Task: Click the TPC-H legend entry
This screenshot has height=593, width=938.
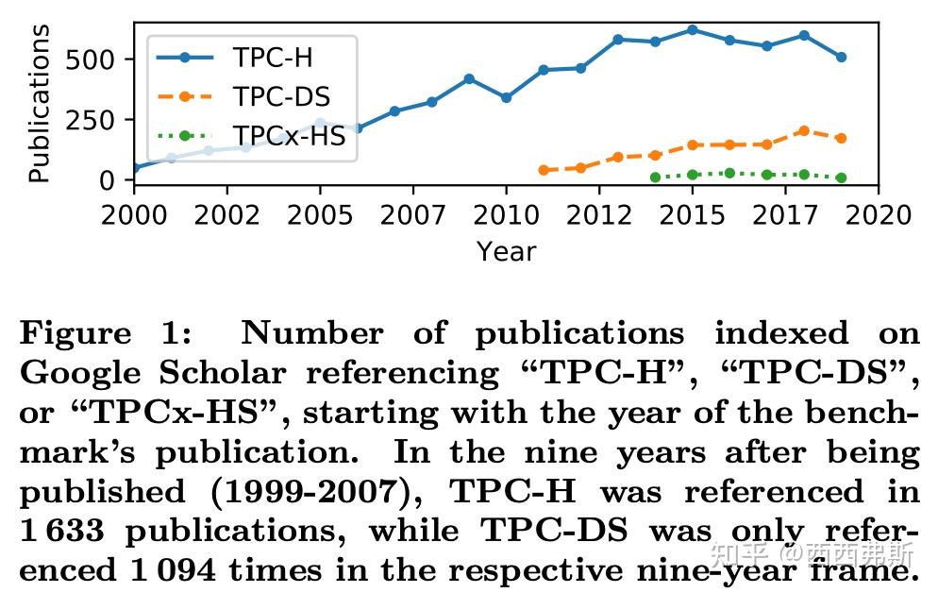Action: click(x=273, y=59)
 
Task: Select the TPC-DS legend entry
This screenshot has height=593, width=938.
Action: click(x=281, y=97)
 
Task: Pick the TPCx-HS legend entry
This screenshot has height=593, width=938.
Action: click(x=289, y=137)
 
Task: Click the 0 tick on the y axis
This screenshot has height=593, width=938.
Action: click(x=107, y=179)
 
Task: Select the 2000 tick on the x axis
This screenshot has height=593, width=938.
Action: click(x=134, y=215)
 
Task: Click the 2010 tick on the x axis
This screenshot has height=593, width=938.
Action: click(x=506, y=215)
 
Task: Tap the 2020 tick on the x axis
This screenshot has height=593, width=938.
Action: click(x=878, y=215)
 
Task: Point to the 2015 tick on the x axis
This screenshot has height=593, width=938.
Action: click(x=693, y=215)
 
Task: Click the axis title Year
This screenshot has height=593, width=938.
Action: click(x=506, y=251)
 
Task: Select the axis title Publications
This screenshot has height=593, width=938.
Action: click(x=40, y=104)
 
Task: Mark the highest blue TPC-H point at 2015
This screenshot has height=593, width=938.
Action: click(x=693, y=29)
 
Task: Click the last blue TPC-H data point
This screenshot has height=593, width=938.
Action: click(x=841, y=57)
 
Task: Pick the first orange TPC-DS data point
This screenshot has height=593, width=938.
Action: click(x=544, y=170)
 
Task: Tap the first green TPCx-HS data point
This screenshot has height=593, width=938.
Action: click(x=655, y=177)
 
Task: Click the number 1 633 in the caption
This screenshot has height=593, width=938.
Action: click(x=63, y=532)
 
